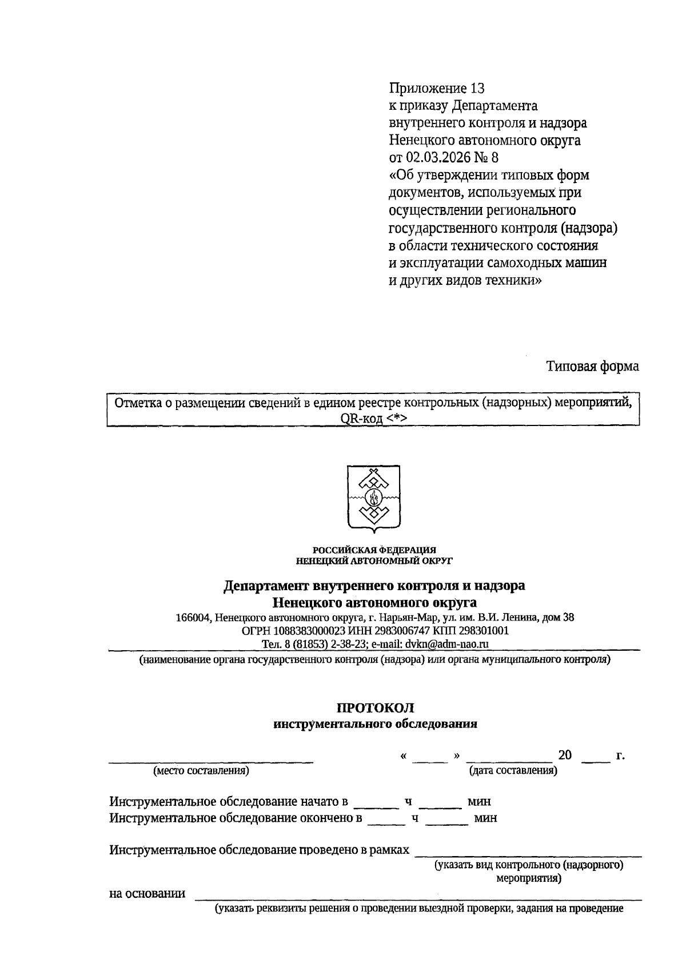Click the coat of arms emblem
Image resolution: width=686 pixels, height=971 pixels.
click(x=373, y=498)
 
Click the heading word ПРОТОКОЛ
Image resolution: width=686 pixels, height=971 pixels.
click(x=375, y=707)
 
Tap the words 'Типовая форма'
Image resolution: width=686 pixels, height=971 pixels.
click(x=592, y=366)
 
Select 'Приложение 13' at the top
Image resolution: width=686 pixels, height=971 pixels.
click(x=437, y=88)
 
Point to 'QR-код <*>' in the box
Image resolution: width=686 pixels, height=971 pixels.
click(x=373, y=419)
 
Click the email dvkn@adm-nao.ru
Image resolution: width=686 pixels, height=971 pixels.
click(x=447, y=643)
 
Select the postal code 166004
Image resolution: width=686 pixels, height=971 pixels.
click(x=194, y=618)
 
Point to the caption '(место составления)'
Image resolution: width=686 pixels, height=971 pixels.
click(x=201, y=770)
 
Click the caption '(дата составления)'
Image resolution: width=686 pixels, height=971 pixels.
click(x=513, y=770)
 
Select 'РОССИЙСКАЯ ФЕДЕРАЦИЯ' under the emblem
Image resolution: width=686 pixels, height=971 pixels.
click(x=374, y=550)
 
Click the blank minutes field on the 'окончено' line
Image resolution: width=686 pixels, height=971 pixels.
click(x=447, y=818)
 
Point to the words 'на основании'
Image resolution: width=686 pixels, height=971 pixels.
click(x=147, y=893)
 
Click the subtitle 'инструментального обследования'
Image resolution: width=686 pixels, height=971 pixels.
click(x=375, y=724)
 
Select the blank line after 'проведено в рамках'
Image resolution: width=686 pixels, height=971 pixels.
click(x=528, y=850)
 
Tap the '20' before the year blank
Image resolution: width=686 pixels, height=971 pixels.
click(x=565, y=755)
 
